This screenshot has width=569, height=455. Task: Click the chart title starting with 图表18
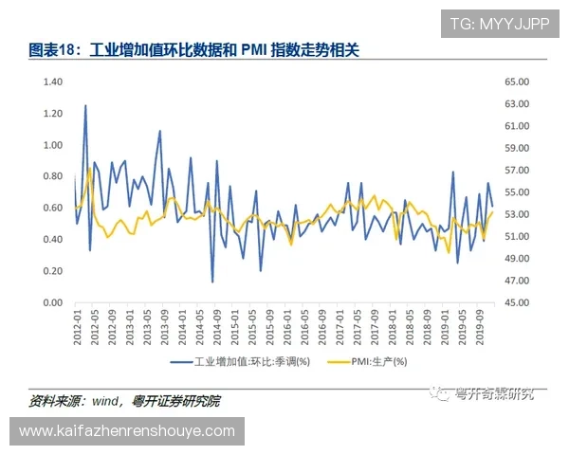point(195,48)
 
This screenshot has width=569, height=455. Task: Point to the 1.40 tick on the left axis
point(51,82)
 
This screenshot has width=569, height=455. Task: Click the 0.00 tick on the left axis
point(51,302)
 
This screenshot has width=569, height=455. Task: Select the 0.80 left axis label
point(51,176)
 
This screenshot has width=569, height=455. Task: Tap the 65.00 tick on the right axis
point(516,82)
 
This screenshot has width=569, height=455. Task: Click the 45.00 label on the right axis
point(516,302)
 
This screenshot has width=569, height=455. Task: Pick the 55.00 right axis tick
point(516,192)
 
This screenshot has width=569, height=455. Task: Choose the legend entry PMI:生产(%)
point(378,361)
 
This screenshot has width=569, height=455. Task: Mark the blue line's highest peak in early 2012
point(85,105)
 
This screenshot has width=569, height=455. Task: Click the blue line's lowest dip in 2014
point(212,282)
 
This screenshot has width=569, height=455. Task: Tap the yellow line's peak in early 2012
point(89,169)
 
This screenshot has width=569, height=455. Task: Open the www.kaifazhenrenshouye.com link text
point(127,431)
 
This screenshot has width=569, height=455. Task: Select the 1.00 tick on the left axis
point(51,145)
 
